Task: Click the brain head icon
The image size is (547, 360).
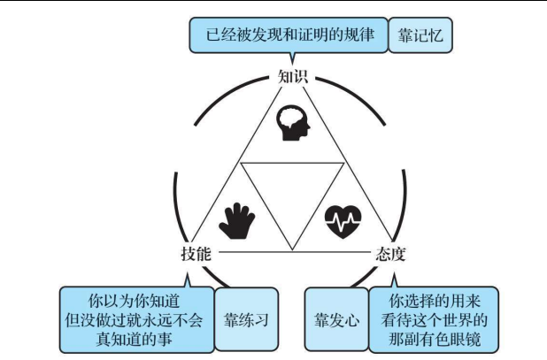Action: click(294, 125)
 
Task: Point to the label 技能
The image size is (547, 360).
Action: click(194, 253)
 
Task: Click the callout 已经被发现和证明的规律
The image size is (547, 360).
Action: click(287, 36)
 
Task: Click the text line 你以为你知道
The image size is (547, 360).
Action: click(136, 299)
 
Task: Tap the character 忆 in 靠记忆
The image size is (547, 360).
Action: click(443, 36)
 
